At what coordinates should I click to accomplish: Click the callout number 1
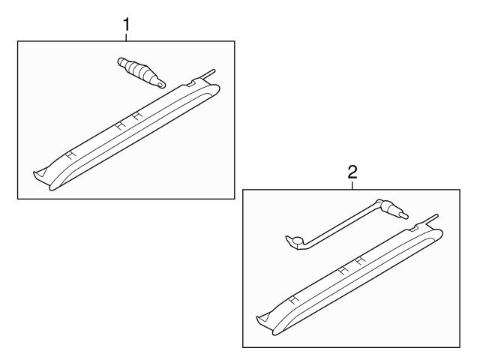126,25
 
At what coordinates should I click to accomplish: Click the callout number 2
352,172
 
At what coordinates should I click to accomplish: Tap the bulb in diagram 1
142,73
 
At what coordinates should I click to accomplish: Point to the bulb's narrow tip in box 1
160,83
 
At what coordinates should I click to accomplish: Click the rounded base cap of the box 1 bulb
121,61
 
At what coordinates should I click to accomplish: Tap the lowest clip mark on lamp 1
70,155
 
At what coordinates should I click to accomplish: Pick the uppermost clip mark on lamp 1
137,115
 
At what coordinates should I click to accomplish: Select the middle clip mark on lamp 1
121,125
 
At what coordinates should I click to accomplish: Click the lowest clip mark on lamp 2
294,300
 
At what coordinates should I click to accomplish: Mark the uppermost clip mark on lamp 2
361,260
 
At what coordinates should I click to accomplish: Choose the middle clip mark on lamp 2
344,270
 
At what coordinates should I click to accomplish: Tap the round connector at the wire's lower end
296,241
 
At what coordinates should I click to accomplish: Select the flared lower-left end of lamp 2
265,322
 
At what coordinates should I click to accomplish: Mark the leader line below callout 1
126,37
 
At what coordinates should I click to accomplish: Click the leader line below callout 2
352,185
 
